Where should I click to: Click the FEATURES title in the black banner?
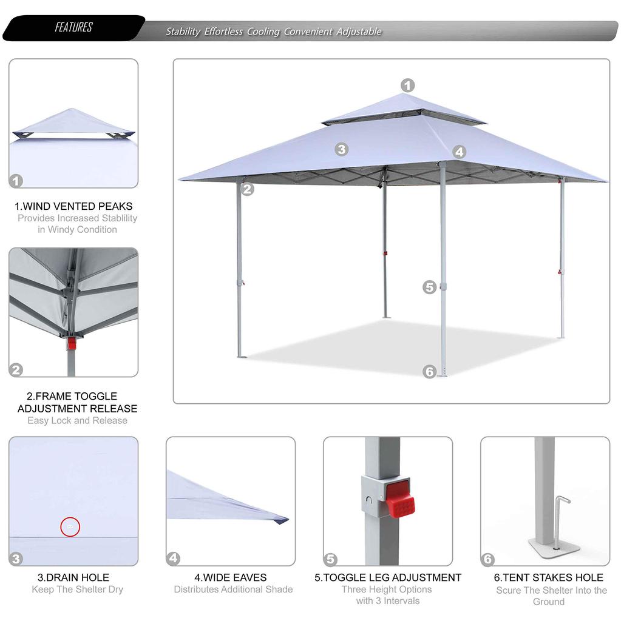[x=73, y=28]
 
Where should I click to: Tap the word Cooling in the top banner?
[x=263, y=32]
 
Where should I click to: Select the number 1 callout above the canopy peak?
[x=407, y=86]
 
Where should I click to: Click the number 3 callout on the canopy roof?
[x=342, y=149]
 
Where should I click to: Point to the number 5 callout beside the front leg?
[x=430, y=287]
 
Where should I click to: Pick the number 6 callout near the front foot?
[x=430, y=372]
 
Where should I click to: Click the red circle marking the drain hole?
[x=70, y=526]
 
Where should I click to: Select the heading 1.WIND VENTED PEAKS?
[x=73, y=206]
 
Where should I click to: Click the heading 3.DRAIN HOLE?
[x=73, y=577]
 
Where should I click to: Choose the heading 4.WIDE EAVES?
[x=231, y=577]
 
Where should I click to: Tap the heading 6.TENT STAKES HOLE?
[x=549, y=577]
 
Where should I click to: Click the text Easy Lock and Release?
[x=77, y=420]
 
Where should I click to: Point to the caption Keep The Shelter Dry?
[x=77, y=589]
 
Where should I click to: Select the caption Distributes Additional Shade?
[x=233, y=589]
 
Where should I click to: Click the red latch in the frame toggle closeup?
[x=72, y=343]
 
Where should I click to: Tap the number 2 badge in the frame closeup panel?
[x=16, y=369]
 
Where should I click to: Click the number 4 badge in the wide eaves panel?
[x=174, y=558]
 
